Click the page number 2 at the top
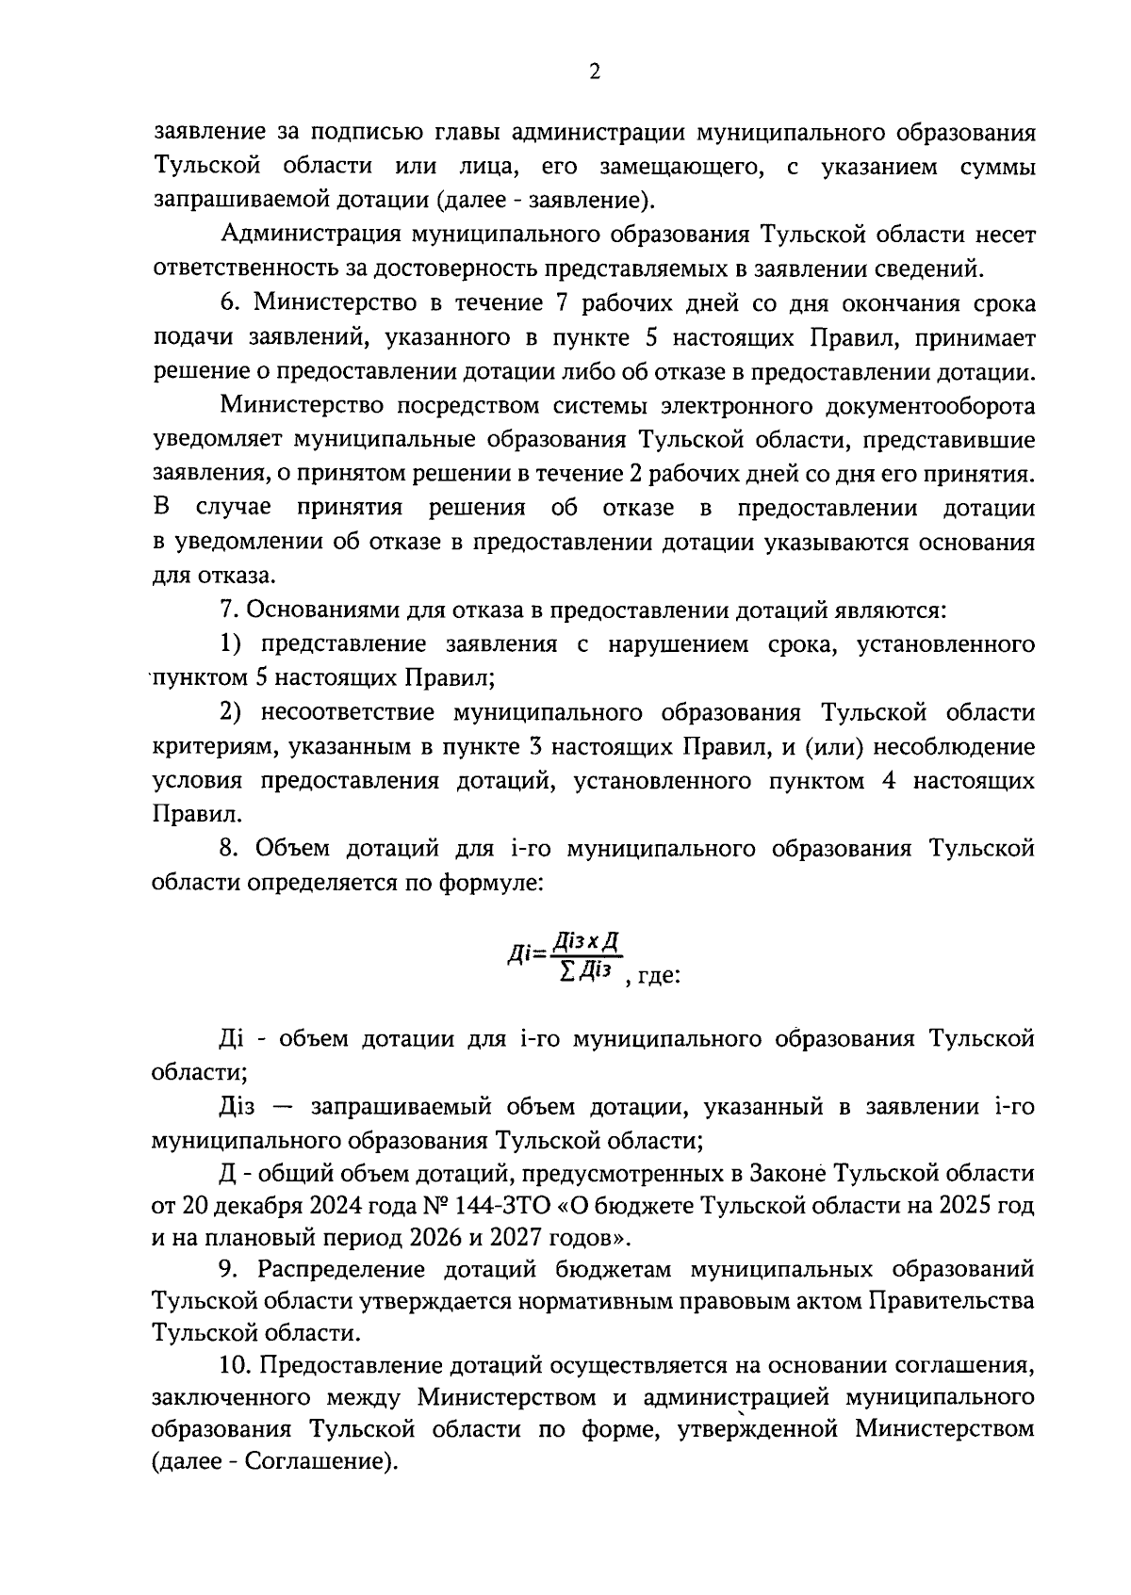(x=594, y=73)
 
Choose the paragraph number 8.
(x=232, y=848)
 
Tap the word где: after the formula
(x=659, y=976)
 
